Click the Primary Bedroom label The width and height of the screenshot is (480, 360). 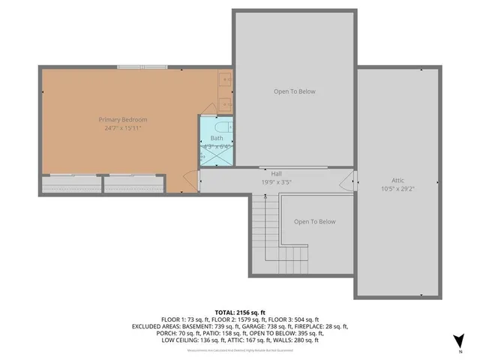click(x=123, y=120)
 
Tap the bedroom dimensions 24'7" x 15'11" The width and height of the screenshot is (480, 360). click(x=123, y=128)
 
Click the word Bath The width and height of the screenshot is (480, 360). click(x=217, y=138)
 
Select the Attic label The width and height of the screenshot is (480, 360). click(x=397, y=181)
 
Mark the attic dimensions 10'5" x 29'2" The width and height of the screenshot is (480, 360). click(x=397, y=189)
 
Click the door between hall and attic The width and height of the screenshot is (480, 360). click(x=349, y=181)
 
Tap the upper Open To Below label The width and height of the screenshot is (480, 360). click(x=294, y=91)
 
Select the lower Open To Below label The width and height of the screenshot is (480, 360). click(x=314, y=221)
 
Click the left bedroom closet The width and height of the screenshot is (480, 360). click(x=70, y=183)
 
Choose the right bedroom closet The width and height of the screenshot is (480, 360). click(x=133, y=183)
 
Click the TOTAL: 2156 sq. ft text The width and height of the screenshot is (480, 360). click(x=240, y=312)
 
